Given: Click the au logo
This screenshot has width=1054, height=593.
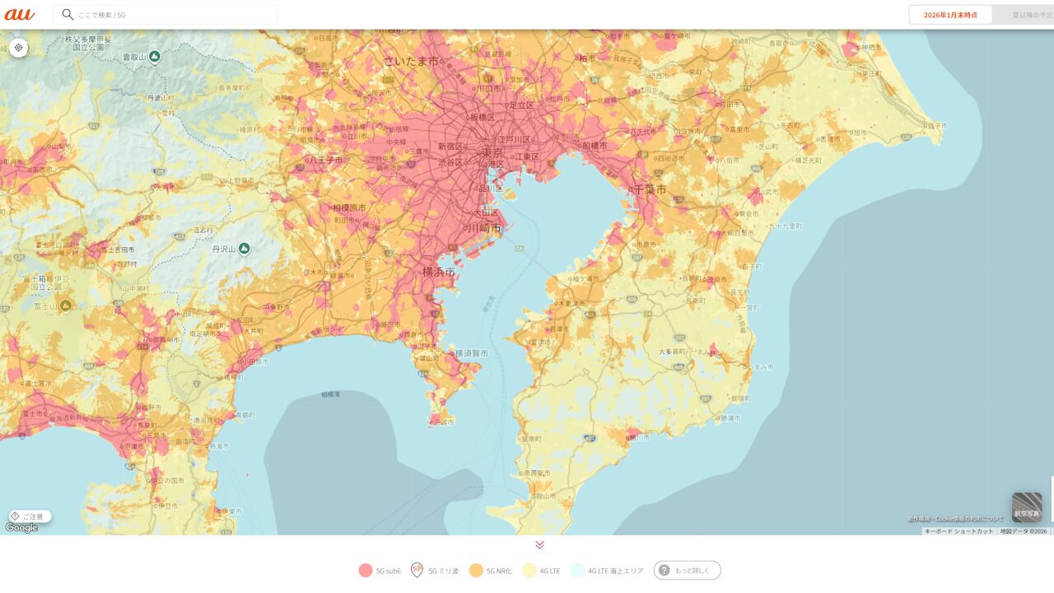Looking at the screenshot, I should pyautogui.click(x=19, y=14).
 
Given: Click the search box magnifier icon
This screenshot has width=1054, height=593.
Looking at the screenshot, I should pyautogui.click(x=68, y=15).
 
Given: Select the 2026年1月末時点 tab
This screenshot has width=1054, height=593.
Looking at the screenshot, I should pyautogui.click(x=950, y=15).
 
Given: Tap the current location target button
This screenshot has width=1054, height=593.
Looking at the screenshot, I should pyautogui.click(x=18, y=48).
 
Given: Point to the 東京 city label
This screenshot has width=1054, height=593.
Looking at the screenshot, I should pyautogui.click(x=493, y=152).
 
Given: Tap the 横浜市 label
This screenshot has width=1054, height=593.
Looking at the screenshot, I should pyautogui.click(x=438, y=271).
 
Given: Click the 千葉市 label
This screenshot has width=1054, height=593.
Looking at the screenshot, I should pyautogui.click(x=649, y=189).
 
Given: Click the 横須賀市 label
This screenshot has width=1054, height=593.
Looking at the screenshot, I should pyautogui.click(x=471, y=353).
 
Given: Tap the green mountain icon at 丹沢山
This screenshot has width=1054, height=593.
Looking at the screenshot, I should pyautogui.click(x=245, y=249).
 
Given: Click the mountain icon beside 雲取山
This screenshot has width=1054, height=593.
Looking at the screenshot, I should pyautogui.click(x=154, y=57).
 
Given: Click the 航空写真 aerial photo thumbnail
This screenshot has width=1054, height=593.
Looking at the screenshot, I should pyautogui.click(x=1027, y=507).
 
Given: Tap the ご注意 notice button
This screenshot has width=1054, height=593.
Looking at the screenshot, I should pyautogui.click(x=30, y=516).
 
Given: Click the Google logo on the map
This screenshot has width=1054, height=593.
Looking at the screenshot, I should pyautogui.click(x=21, y=528).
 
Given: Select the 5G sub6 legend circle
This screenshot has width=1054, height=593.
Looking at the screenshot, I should pyautogui.click(x=366, y=570).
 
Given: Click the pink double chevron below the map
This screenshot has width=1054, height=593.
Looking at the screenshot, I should pyautogui.click(x=539, y=544).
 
